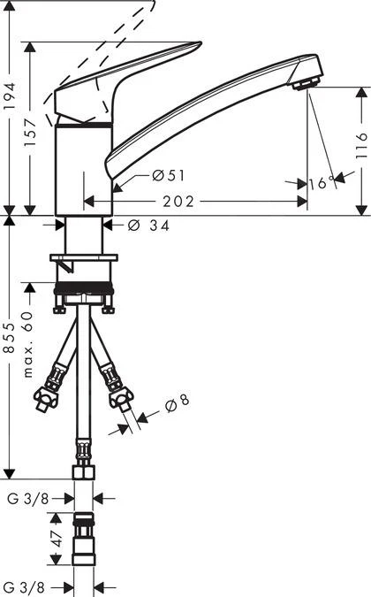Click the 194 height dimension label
[10, 96]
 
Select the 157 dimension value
[30, 133]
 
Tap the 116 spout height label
[361, 145]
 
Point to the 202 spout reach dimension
[178, 202]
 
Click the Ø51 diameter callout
[169, 175]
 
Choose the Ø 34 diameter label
[148, 226]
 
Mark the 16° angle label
[322, 183]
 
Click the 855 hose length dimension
[9, 337]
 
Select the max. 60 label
[29, 344]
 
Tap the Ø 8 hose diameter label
[178, 402]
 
